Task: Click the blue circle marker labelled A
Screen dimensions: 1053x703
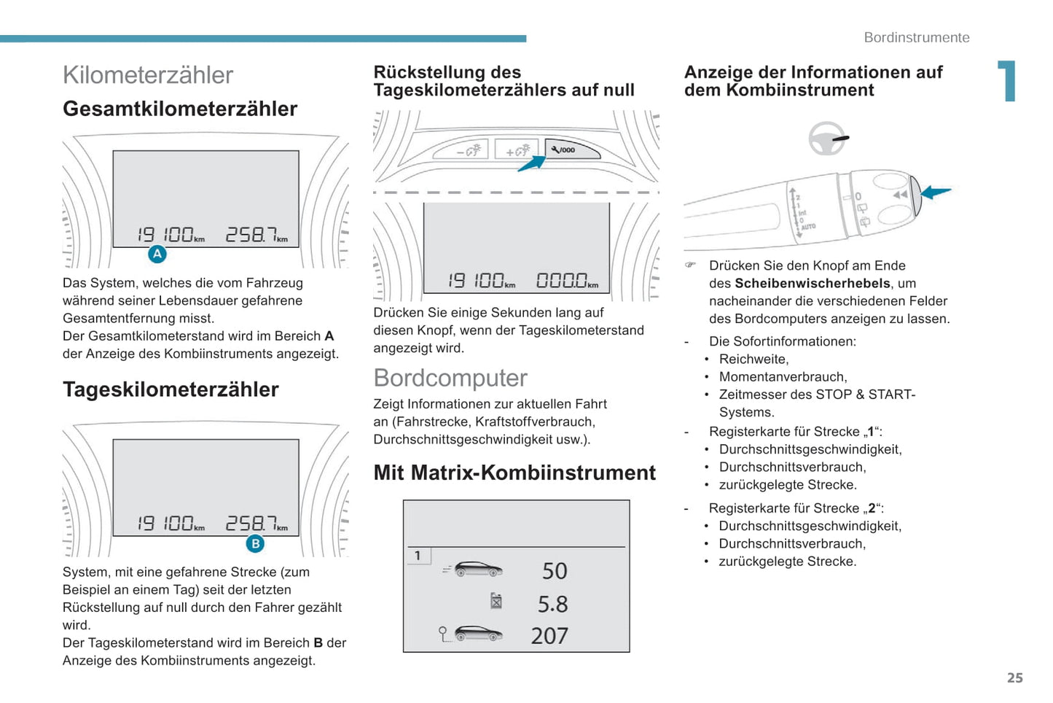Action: coord(157,254)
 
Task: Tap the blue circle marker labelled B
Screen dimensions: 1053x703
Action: coord(255,543)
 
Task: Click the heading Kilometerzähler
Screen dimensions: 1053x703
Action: coord(148,75)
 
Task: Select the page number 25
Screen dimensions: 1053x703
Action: coord(1015,677)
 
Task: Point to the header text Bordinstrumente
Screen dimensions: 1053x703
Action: coord(917,37)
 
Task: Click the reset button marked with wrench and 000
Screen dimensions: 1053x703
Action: coord(571,149)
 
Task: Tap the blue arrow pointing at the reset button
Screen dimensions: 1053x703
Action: coord(532,164)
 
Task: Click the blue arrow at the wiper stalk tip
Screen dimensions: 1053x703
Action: coord(936,192)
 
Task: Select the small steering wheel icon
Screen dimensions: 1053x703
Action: coord(826,139)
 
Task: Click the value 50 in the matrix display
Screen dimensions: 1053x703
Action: coord(555,571)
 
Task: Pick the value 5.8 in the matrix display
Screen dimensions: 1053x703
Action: coord(553,604)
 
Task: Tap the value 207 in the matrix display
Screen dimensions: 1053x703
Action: coord(549,636)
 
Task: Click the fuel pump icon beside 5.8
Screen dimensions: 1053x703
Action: coord(496,601)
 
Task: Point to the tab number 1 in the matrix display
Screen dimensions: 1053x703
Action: coord(418,556)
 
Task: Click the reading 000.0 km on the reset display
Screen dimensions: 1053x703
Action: coord(568,281)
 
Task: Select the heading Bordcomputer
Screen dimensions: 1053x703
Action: coord(450,378)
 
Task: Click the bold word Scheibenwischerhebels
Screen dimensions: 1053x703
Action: coord(813,283)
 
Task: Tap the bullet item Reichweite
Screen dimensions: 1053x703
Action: coord(753,359)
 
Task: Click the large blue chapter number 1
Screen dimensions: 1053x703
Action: coord(1007,81)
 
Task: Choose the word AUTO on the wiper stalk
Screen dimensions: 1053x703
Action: coord(809,227)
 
